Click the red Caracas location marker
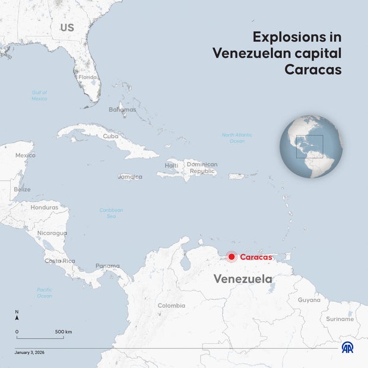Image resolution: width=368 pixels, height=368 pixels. click(231, 257)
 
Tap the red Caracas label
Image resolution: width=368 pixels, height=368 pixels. click(256, 257)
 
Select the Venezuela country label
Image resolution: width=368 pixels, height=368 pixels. click(243, 278)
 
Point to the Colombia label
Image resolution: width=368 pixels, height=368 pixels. click(171, 306)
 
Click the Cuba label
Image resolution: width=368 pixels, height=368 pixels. click(110, 136)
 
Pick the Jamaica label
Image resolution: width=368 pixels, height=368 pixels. click(130, 177)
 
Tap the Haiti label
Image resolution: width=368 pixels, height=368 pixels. click(172, 166)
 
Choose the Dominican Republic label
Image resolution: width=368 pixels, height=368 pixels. click(202, 167)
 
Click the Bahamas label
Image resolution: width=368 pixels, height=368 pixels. click(122, 110)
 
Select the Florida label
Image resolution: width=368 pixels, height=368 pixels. click(88, 77)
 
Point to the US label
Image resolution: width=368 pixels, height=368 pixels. click(67, 28)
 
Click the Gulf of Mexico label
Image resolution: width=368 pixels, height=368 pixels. click(40, 95)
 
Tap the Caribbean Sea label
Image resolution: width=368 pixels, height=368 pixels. click(111, 213)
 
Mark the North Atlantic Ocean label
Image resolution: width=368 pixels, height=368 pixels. click(237, 138)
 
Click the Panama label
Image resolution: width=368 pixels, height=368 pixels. click(107, 267)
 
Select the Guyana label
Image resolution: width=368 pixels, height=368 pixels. click(309, 300)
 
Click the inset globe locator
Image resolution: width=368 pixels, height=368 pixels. click(311, 146)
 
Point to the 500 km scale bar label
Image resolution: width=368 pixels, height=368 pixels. click(64, 331)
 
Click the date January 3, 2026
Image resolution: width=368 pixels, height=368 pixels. click(30, 353)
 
